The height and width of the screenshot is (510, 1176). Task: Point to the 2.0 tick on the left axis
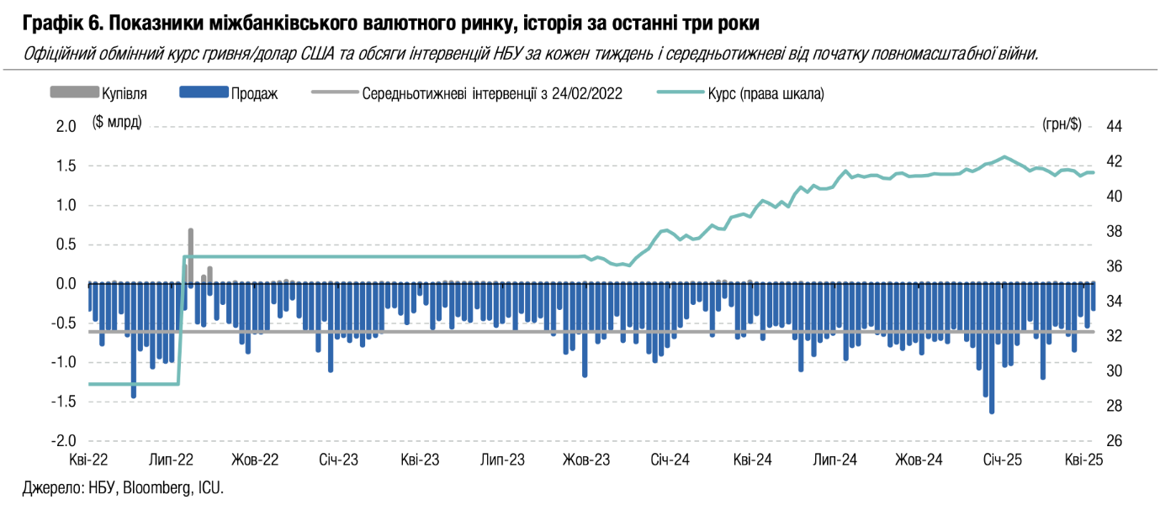pyautogui.click(x=66, y=126)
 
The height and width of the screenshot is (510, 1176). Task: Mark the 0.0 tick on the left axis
pyautogui.click(x=66, y=284)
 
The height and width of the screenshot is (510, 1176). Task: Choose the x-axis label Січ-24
pyautogui.click(x=670, y=460)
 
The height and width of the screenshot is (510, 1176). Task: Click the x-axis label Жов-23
pyautogui.click(x=586, y=460)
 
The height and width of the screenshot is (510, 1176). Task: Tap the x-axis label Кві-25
pyautogui.click(x=1083, y=460)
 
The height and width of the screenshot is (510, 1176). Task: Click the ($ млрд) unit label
pyautogui.click(x=117, y=124)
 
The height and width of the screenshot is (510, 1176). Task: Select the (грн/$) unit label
pyautogui.click(x=1061, y=124)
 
